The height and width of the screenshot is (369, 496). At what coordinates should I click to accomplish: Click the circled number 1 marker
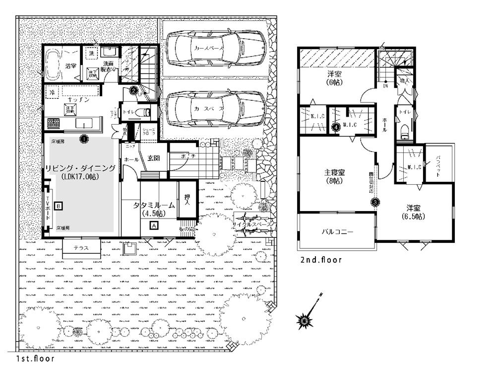coord(84,140)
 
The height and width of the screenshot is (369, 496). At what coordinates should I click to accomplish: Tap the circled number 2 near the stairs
coord(133,90)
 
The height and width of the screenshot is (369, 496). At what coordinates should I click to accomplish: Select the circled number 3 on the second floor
coord(375,202)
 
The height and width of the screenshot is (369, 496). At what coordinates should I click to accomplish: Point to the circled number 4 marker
coord(336,127)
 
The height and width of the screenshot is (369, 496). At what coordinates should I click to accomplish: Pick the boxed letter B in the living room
coord(59,205)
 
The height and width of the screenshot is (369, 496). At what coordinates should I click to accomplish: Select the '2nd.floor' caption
coord(321,260)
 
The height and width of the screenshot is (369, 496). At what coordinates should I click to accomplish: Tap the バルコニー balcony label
coord(337,231)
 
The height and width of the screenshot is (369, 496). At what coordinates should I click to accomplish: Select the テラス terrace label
coord(81,248)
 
